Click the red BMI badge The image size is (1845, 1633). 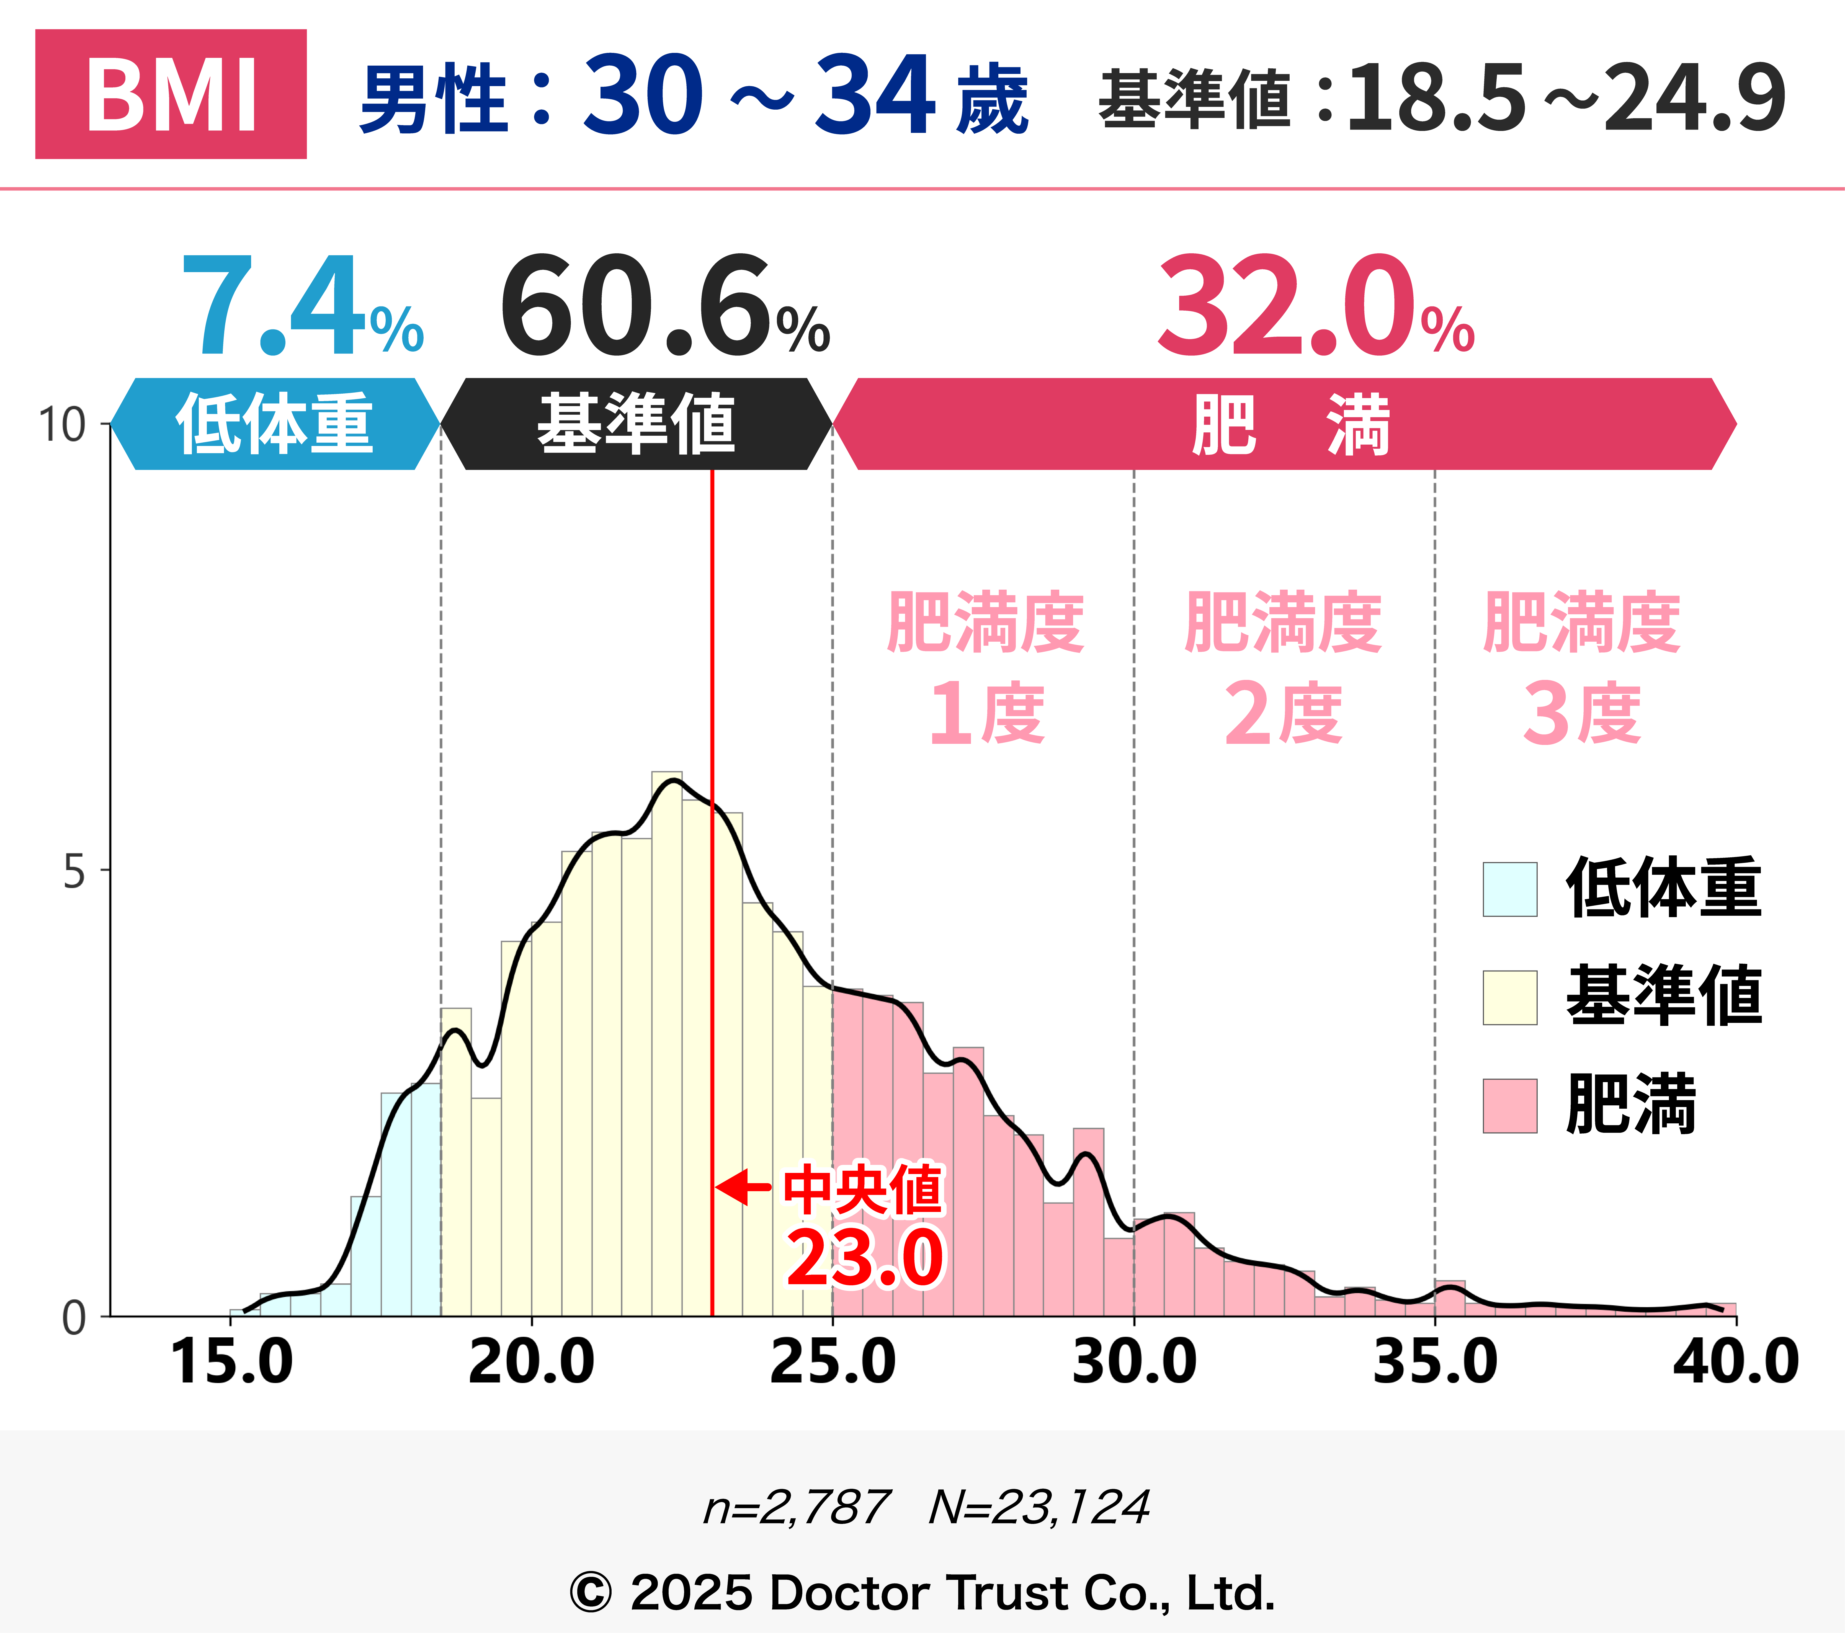point(171,94)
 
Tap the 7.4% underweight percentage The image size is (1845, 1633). point(301,307)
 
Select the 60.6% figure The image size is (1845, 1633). point(663,307)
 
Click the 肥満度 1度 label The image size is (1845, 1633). point(986,668)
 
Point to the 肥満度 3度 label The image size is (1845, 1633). point(1581,668)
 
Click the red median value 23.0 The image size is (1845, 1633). point(865,1257)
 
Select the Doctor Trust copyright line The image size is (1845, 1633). point(922,1592)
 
